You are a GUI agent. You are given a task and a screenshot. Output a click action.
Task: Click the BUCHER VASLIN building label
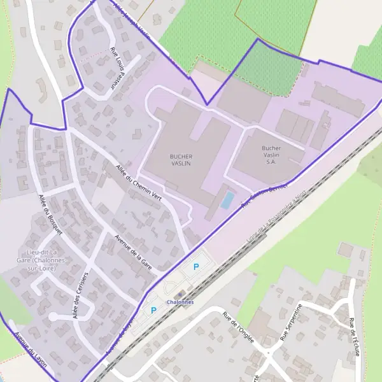[x=181, y=159]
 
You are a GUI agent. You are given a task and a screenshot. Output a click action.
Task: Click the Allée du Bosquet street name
[x=50, y=214]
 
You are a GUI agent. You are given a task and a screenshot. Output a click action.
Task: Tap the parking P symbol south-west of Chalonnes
[x=153, y=310]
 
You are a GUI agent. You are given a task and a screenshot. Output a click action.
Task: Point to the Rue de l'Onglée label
[x=238, y=327]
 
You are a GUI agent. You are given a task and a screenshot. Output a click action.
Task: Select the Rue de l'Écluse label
[x=352, y=336]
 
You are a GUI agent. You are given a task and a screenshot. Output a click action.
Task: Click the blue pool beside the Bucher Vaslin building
[x=227, y=200]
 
